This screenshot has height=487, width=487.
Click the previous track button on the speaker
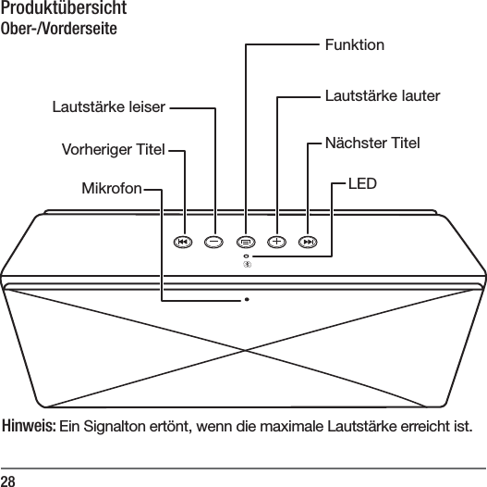click(183, 242)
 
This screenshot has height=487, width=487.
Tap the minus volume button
click(214, 242)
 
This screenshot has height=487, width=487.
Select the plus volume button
click(277, 242)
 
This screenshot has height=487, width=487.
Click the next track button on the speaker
click(309, 242)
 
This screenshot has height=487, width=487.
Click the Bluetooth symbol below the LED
click(246, 266)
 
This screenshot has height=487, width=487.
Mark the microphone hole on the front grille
click(247, 300)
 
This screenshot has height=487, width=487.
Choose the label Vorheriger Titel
click(112, 149)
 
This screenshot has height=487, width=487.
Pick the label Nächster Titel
click(372, 144)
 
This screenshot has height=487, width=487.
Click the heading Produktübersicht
click(64, 10)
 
